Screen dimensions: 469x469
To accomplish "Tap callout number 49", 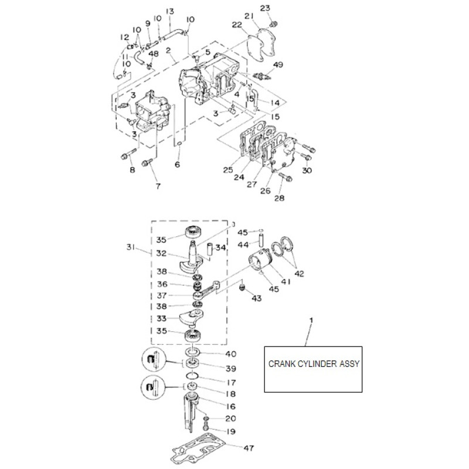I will [278, 64].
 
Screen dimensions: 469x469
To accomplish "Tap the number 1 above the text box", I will [311, 320].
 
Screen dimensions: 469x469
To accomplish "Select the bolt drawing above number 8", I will [126, 155].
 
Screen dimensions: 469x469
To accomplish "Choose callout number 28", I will [278, 198].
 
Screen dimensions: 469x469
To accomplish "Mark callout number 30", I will [307, 170].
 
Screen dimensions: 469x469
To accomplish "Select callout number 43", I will [256, 298].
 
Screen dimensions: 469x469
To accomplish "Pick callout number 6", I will [177, 165].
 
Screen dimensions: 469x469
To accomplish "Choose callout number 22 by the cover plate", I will [236, 25].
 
